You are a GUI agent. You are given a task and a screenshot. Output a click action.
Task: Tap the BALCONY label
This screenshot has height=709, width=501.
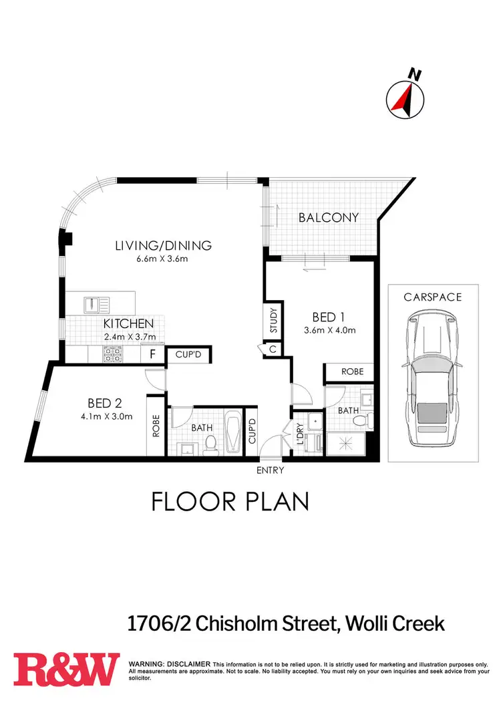(329, 217)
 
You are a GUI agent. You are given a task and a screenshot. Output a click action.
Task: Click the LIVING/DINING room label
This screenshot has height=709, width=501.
(164, 245)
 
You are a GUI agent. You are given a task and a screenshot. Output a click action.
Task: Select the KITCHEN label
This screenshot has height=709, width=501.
(129, 324)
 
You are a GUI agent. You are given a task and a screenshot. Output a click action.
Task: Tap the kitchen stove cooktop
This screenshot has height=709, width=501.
(111, 356)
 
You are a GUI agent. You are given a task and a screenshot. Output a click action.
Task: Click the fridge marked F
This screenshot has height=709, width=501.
(153, 355)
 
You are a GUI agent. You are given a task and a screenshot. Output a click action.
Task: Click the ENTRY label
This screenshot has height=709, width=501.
(271, 470)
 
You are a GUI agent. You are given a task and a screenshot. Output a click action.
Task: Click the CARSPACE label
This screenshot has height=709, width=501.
(433, 297)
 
